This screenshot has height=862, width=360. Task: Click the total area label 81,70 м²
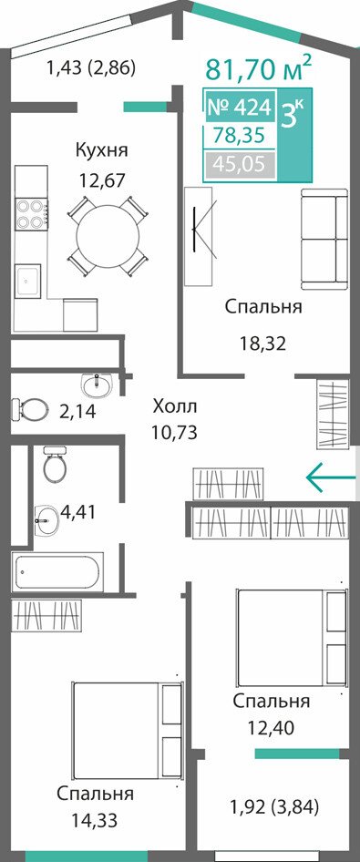[259, 69]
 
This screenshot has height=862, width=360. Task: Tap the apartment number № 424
[240, 108]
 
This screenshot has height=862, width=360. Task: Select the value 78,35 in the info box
[240, 135]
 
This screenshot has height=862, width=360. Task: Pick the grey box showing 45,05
[240, 163]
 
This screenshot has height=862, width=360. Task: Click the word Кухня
[102, 149]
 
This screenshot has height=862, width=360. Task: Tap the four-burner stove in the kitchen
[31, 214]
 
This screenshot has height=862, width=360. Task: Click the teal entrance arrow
[331, 477]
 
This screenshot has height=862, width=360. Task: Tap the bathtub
[58, 571]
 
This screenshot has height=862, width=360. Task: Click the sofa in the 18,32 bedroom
[324, 239]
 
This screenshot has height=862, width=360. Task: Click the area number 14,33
[95, 821]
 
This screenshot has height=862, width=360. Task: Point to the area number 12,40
[271, 728]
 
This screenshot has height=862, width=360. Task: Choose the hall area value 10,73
[175, 432]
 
